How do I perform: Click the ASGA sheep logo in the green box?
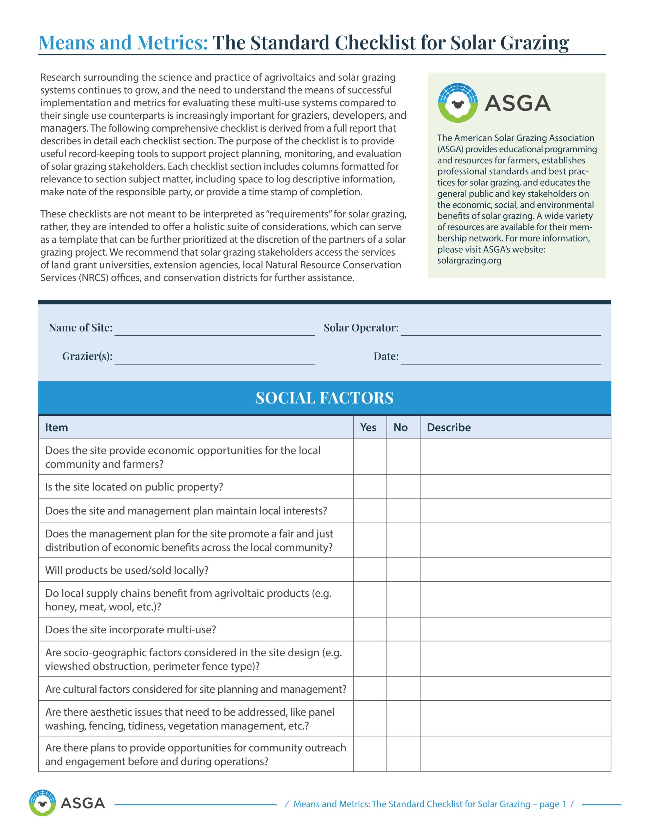[x=457, y=103]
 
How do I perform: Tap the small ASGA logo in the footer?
[x=42, y=803]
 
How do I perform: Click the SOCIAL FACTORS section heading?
[x=324, y=398]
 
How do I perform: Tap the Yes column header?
[x=368, y=427]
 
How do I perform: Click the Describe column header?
[x=449, y=427]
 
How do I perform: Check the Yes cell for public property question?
[x=370, y=487]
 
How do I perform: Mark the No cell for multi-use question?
[x=403, y=629]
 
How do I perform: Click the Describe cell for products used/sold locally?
[x=515, y=570]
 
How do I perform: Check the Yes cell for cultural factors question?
[x=370, y=689]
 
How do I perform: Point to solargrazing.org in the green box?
[x=469, y=261]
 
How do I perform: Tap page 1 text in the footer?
[x=552, y=804]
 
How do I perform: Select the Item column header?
[x=56, y=427]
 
